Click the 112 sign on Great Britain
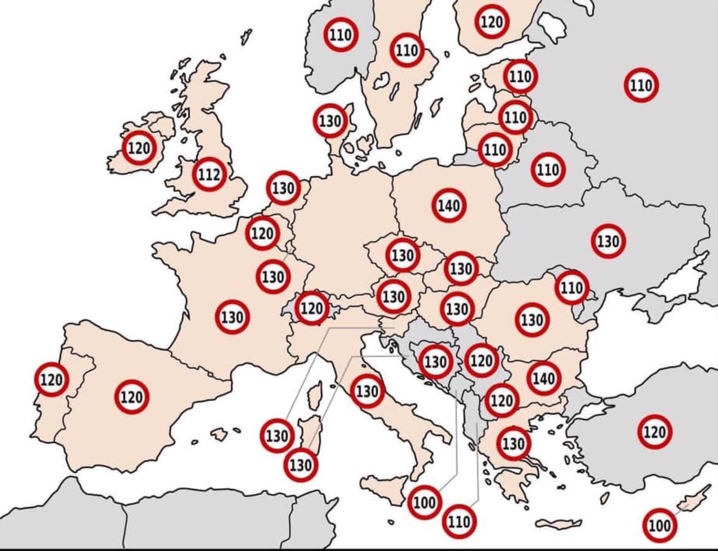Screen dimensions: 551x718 209,175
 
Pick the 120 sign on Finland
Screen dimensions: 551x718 491,22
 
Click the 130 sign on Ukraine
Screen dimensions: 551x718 609,241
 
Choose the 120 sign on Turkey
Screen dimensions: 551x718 655,431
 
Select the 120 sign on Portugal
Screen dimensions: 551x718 52,379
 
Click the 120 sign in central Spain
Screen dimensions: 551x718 132,396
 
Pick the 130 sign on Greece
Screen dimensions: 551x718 513,443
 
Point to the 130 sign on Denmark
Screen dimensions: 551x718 330,121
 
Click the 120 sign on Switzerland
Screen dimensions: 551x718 312,308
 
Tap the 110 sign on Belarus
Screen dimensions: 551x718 547,169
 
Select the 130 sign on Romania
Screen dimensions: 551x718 531,320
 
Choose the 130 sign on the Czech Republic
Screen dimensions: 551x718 403,255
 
